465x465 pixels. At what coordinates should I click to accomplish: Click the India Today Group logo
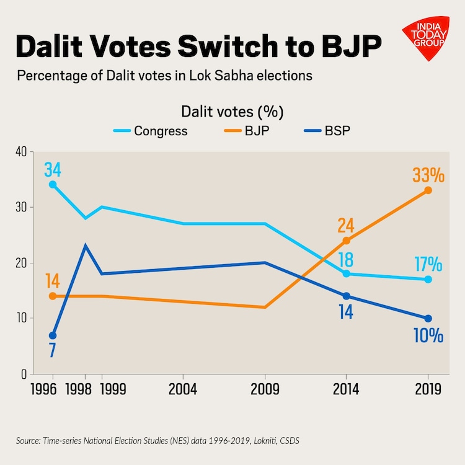pos(426,38)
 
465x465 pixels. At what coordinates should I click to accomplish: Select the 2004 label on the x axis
pos(183,390)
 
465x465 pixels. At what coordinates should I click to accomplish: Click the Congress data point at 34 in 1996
pos(53,185)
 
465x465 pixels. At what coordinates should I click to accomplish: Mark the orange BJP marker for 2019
pos(428,190)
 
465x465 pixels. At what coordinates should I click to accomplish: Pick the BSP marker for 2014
pos(346,296)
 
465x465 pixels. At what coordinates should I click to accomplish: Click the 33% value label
pos(428,175)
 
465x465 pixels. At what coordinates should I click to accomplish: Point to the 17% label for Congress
pos(428,264)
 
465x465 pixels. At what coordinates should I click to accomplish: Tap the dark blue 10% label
pos(428,336)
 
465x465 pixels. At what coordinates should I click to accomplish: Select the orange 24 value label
pos(346,224)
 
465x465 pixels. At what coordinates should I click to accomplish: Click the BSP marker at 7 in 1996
pos(53,335)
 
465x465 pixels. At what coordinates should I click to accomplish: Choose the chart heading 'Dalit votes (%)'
pos(232,112)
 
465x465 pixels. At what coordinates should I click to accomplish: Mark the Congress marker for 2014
pos(346,273)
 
